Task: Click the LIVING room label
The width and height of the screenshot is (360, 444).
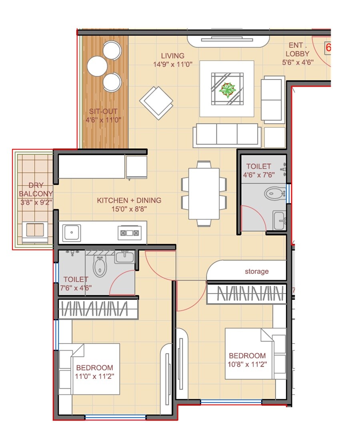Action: tap(173, 56)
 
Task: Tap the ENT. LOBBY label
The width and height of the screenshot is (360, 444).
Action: tap(298, 50)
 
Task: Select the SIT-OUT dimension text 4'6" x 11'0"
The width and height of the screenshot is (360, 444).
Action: tap(103, 120)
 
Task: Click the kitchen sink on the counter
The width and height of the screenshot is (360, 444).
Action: tap(72, 232)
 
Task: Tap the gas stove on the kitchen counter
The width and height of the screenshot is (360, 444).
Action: tap(130, 233)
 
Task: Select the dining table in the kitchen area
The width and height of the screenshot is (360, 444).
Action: tap(204, 194)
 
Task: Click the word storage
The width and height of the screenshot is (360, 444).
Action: tap(257, 271)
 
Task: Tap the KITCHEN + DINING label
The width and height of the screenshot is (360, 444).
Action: tap(129, 200)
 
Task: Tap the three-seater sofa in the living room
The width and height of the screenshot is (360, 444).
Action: tap(227, 135)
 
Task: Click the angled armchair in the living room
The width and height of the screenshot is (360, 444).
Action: tap(156, 102)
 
